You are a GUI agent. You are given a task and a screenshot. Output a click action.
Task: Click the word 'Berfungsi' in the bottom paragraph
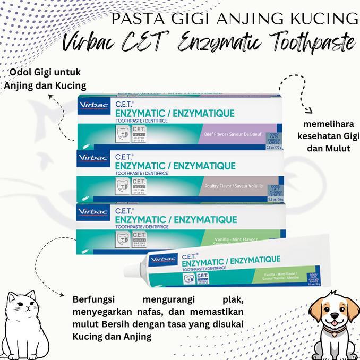[x=95, y=299]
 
